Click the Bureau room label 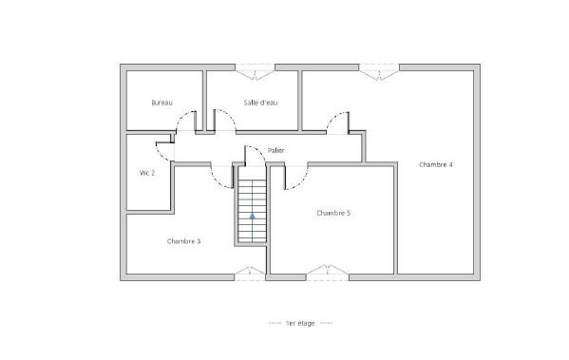pyautogui.click(x=161, y=103)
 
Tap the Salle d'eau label pyautogui.click(x=260, y=103)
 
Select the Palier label pyautogui.click(x=275, y=150)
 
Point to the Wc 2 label pyautogui.click(x=147, y=173)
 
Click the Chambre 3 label pyautogui.click(x=183, y=241)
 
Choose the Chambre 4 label pyautogui.click(x=436, y=164)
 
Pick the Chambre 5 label pyautogui.click(x=333, y=213)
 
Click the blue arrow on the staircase pyautogui.click(x=253, y=217)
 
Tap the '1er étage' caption pyautogui.click(x=300, y=323)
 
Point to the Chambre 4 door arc pyautogui.click(x=332, y=118)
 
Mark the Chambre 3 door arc pyautogui.click(x=217, y=182)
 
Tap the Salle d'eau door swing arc pyautogui.click(x=230, y=115)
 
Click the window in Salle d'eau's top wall pyautogui.click(x=256, y=71)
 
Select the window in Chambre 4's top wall pyautogui.click(x=379, y=71)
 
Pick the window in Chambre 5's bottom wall pyautogui.click(x=328, y=273)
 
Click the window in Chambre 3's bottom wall pyautogui.click(x=250, y=274)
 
